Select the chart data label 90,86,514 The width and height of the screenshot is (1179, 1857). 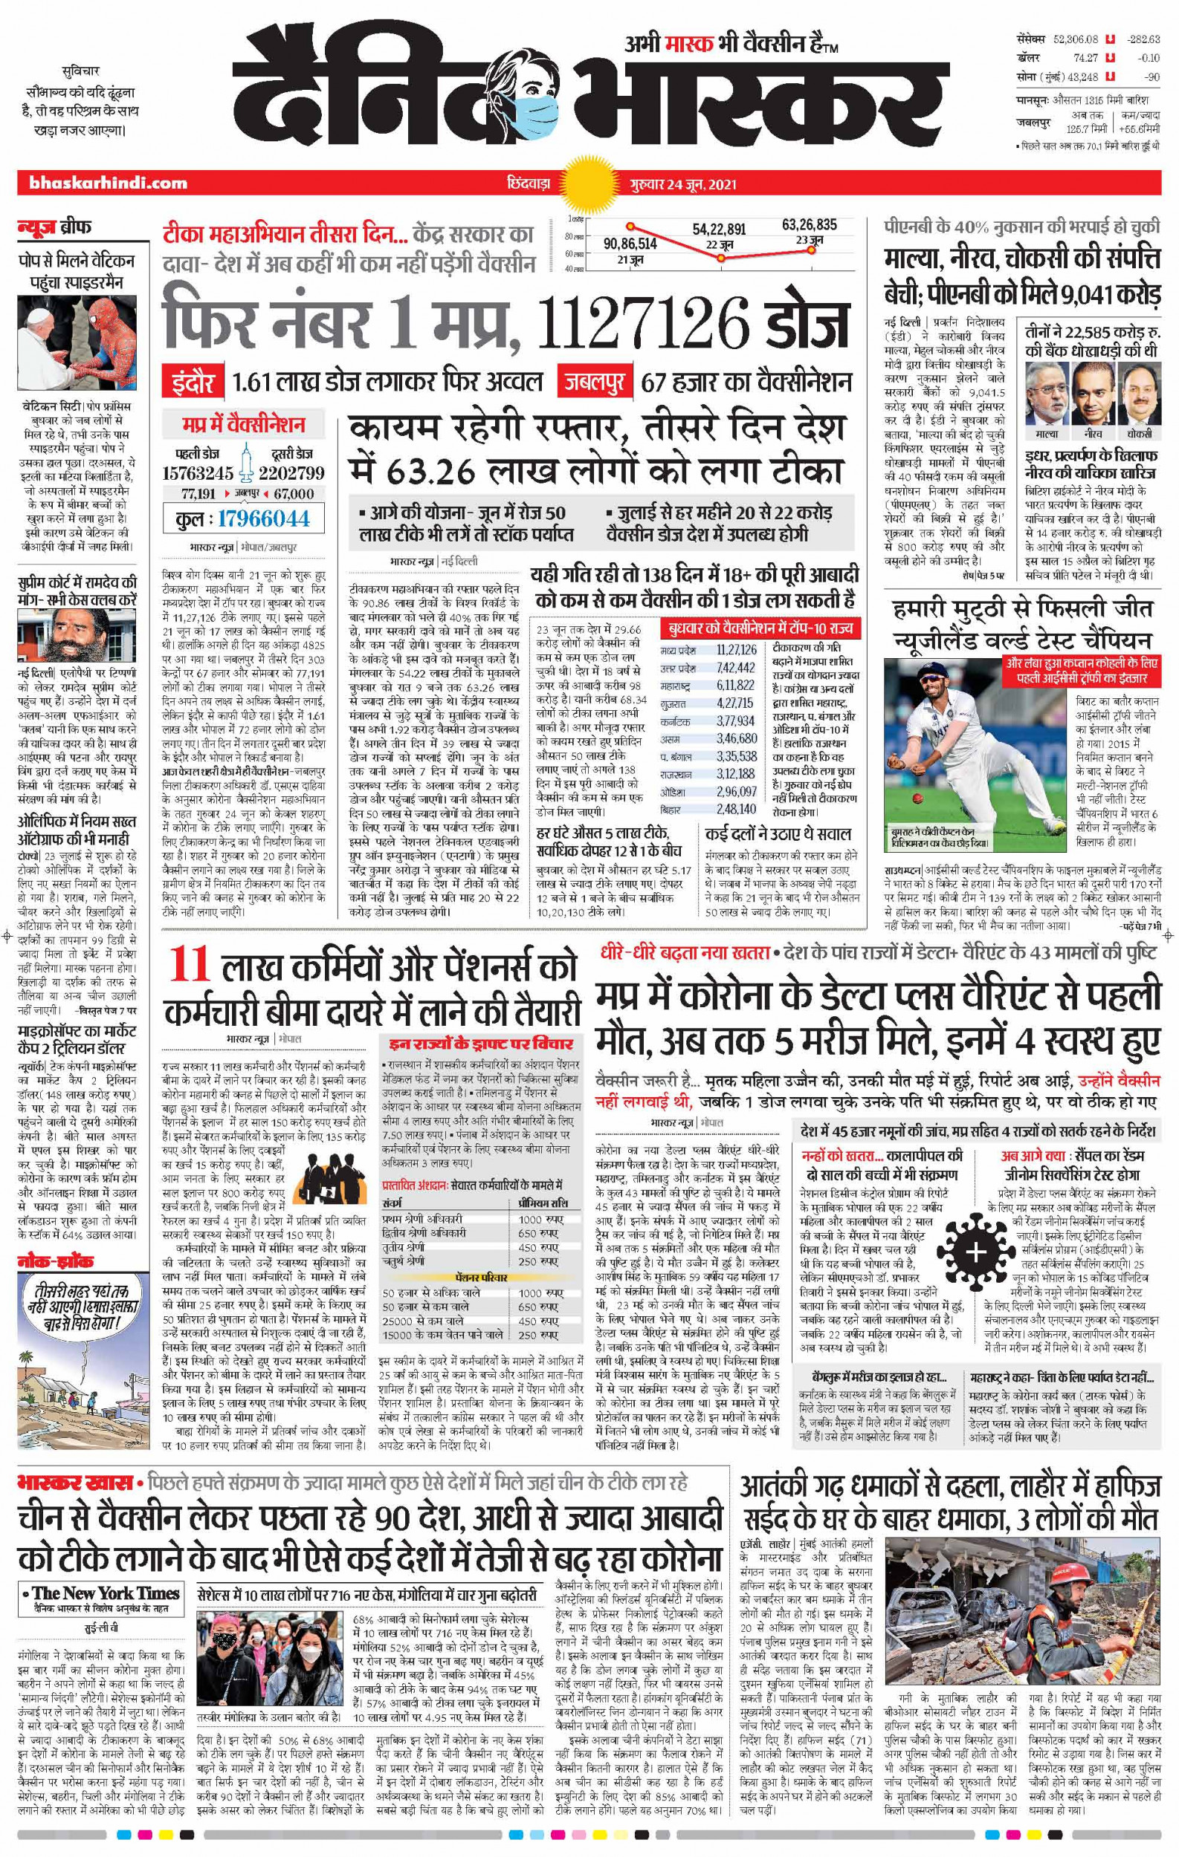[x=630, y=244]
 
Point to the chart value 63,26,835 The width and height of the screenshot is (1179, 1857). [x=809, y=225]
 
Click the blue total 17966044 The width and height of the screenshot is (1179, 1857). [x=262, y=518]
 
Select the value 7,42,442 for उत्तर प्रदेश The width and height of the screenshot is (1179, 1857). [x=734, y=667]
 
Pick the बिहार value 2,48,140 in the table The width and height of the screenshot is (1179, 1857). [x=734, y=809]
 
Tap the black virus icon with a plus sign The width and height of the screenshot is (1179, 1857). [x=976, y=1251]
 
